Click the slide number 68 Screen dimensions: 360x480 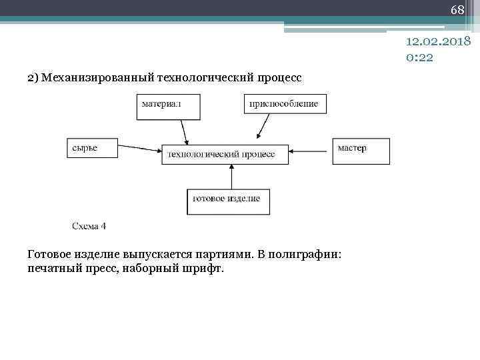coord(457,10)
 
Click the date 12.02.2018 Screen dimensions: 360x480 coord(439,41)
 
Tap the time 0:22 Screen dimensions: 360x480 coord(419,57)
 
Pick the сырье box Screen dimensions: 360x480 coord(92,148)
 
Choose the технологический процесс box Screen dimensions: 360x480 coord(225,154)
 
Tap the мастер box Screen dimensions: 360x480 coord(360,149)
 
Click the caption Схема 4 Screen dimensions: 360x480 coord(89,226)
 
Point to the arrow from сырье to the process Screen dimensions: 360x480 coord(139,149)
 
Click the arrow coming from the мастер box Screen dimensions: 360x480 coord(311,149)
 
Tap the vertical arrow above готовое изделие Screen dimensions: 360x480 coord(231,177)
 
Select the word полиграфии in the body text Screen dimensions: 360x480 coord(305,254)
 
